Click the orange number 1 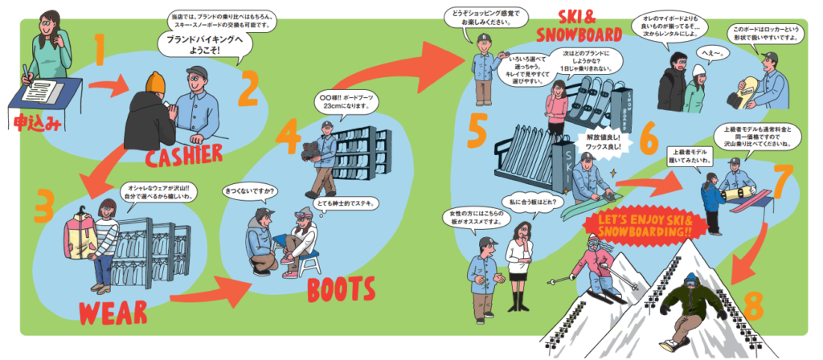click(100, 50)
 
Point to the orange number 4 click(288, 141)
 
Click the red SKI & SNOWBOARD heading click(579, 27)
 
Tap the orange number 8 click(752, 306)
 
